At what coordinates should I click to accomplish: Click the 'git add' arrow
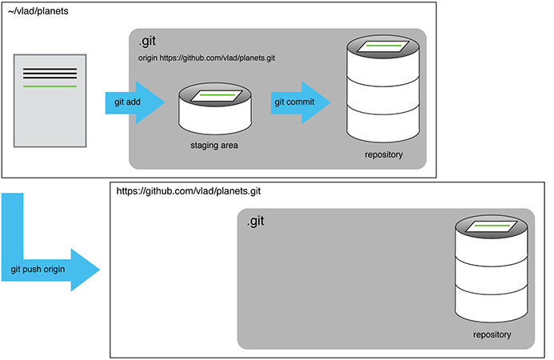(133, 103)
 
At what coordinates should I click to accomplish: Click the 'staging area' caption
(214, 146)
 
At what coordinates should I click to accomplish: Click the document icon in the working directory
(50, 101)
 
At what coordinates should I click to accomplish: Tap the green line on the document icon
(50, 86)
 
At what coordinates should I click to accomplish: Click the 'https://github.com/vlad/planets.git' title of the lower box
(189, 192)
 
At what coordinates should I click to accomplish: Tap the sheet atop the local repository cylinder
(383, 47)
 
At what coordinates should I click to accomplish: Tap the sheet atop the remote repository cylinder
(492, 226)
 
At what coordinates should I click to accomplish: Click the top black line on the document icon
(50, 70)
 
